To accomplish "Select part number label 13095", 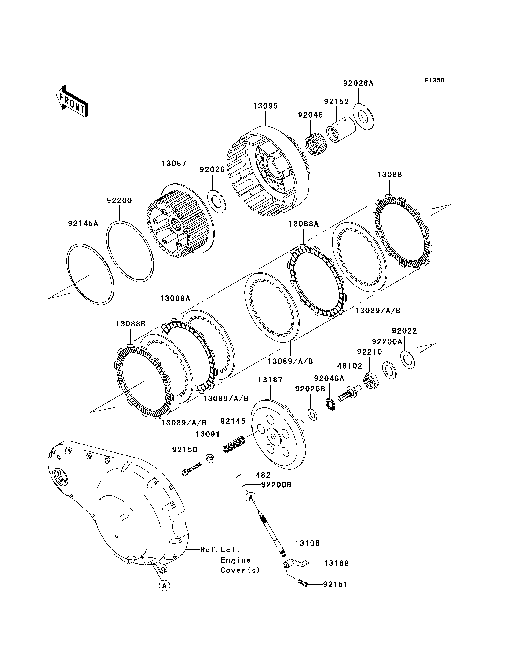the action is coord(266,106).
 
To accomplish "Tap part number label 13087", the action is coord(174,163).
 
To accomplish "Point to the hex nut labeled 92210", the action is coord(371,380).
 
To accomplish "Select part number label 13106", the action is coord(307,543).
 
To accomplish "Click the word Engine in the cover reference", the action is coord(236,560).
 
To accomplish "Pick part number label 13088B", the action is coord(131,324).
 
